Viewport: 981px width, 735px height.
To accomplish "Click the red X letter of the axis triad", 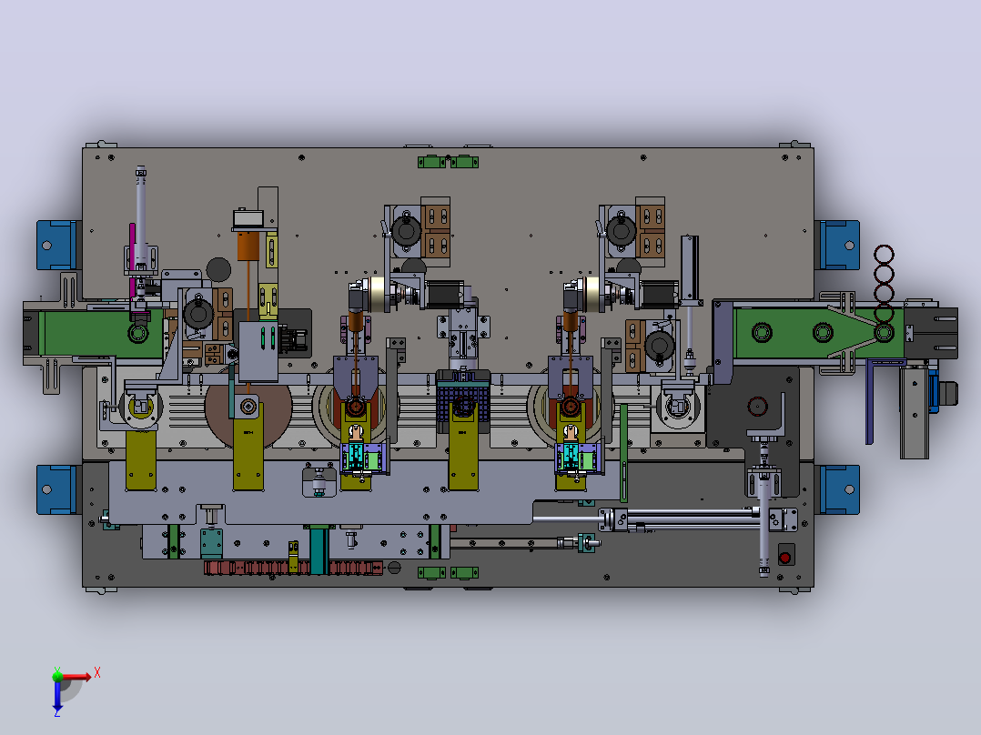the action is click(97, 673).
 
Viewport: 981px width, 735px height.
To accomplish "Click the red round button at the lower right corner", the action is click(785, 557).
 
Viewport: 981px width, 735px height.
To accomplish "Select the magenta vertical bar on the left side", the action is click(133, 261).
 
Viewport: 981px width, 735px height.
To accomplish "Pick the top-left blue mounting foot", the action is click(57, 246).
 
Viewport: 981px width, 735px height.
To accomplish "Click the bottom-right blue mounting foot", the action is click(838, 489).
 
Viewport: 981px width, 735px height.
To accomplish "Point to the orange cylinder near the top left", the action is click(248, 246).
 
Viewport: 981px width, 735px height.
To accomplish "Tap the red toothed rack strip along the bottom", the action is click(293, 568).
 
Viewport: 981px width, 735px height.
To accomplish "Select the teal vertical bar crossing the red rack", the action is click(319, 549).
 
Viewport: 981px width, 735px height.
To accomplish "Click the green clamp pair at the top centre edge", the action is click(448, 162).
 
